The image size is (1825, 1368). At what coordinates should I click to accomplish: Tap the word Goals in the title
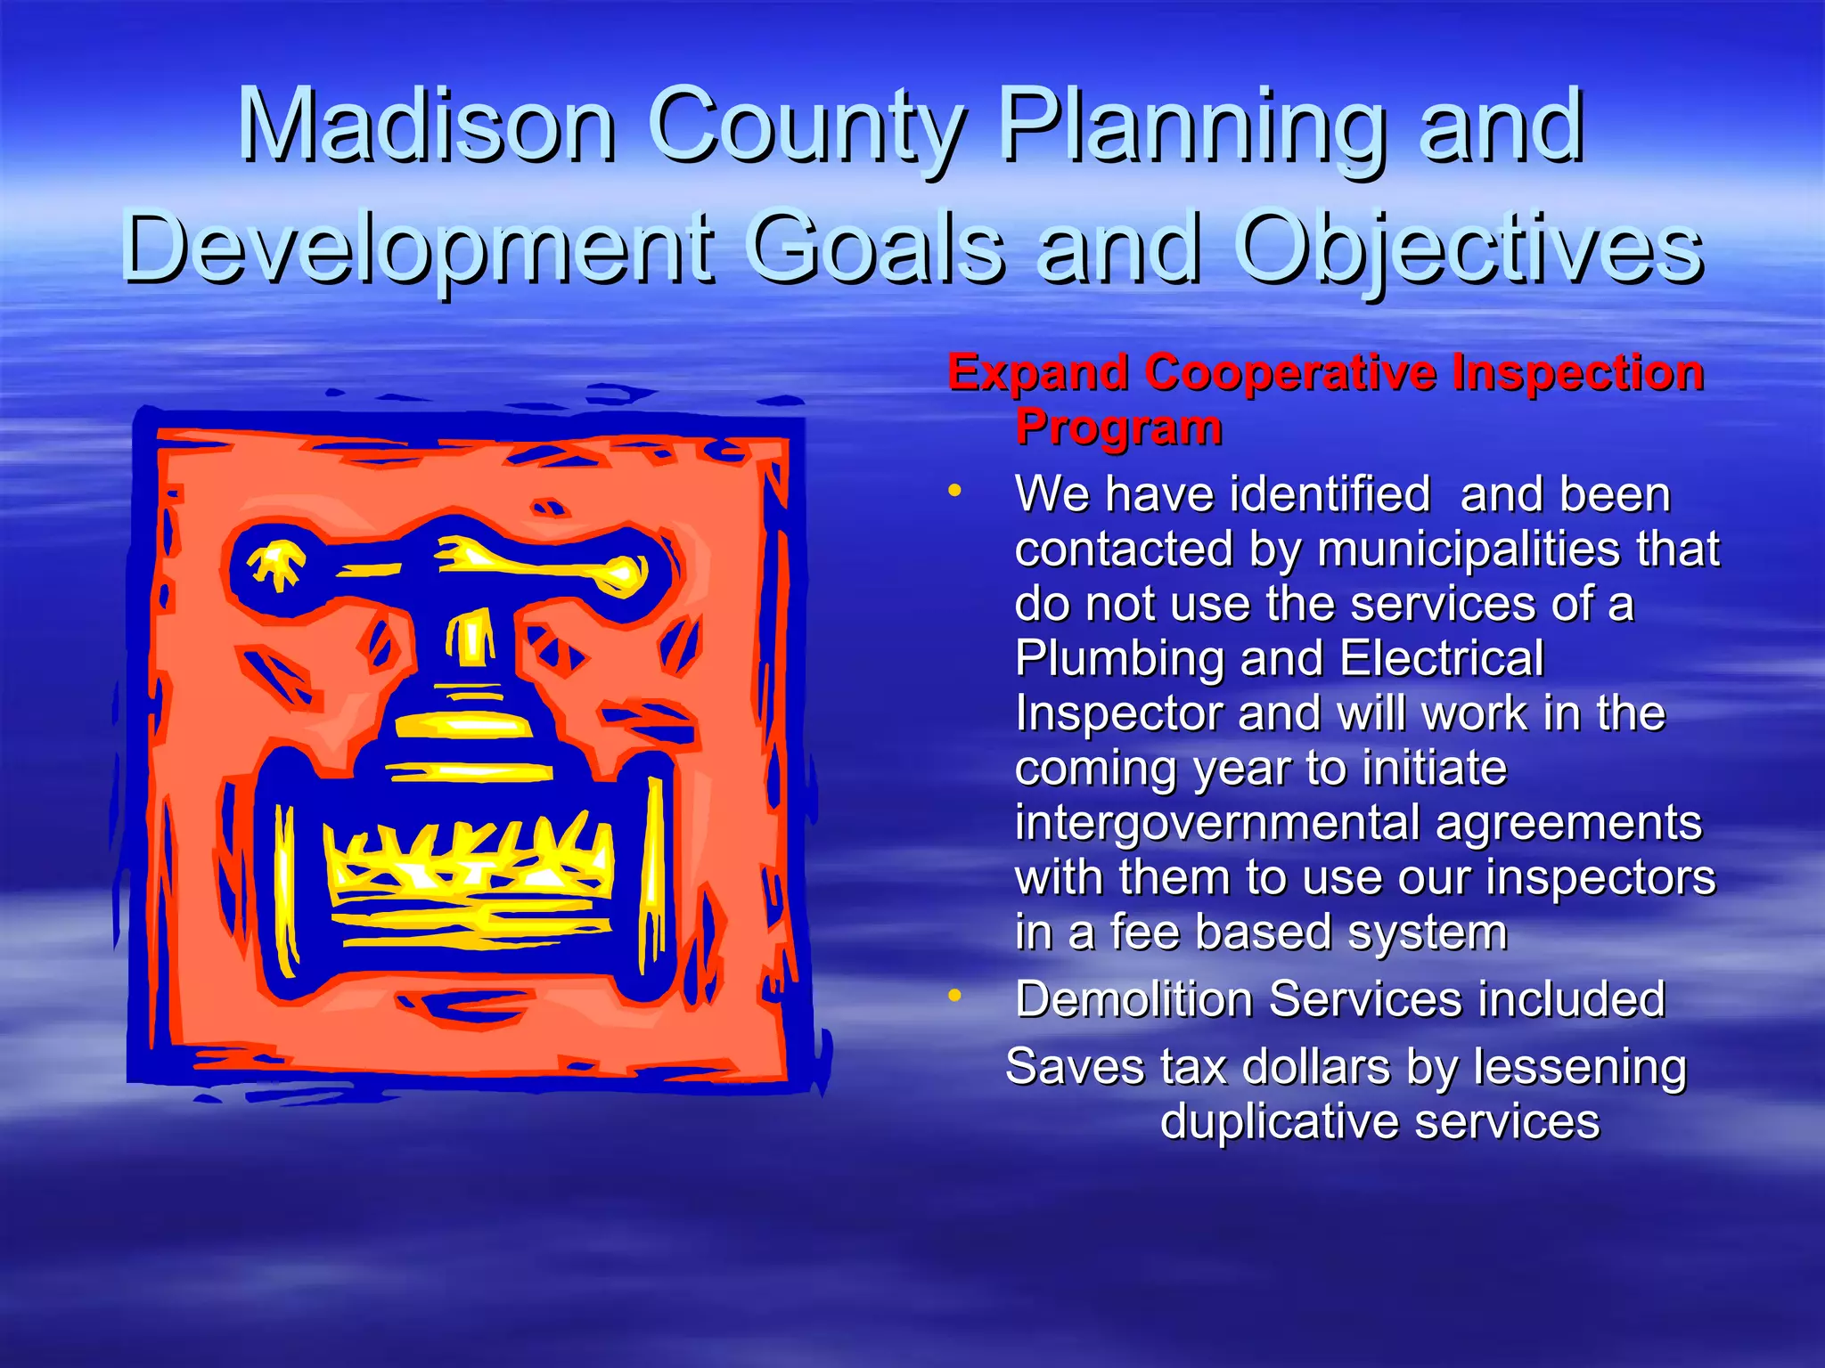click(x=874, y=248)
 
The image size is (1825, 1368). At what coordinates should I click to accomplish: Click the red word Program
click(x=1118, y=427)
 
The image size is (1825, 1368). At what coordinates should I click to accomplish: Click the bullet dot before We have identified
click(x=955, y=491)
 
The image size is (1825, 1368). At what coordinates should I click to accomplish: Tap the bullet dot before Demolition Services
click(x=955, y=995)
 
